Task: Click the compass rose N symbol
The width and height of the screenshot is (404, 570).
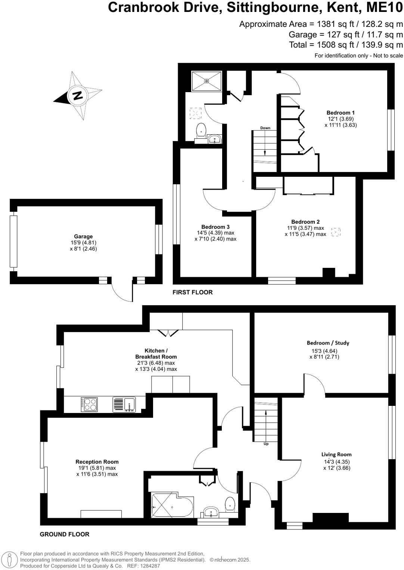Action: click(x=77, y=95)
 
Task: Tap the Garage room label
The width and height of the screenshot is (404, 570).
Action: click(x=83, y=237)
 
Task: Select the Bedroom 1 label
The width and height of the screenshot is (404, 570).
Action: click(x=341, y=113)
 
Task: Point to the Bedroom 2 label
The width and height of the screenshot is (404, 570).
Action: click(x=305, y=222)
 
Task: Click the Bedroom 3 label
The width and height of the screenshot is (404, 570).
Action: click(x=215, y=227)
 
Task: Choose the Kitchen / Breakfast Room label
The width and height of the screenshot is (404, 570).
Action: click(x=156, y=354)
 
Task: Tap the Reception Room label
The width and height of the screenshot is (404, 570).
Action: click(x=97, y=462)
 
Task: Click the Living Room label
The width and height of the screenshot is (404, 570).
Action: click(x=336, y=454)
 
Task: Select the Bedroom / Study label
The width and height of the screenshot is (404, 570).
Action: click(x=328, y=343)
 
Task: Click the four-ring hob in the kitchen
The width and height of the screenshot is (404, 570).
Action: click(x=89, y=404)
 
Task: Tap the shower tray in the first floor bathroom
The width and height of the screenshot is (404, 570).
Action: click(x=206, y=81)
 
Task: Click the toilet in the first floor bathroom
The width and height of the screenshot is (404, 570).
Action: click(x=201, y=129)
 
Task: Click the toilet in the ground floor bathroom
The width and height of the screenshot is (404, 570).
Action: click(x=230, y=504)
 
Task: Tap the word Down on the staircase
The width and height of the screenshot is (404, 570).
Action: click(x=265, y=128)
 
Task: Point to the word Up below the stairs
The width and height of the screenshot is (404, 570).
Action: click(x=266, y=444)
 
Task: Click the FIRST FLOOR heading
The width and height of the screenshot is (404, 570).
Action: click(x=192, y=292)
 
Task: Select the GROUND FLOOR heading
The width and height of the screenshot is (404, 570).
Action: click(x=65, y=534)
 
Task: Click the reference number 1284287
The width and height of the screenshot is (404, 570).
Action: click(x=149, y=566)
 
